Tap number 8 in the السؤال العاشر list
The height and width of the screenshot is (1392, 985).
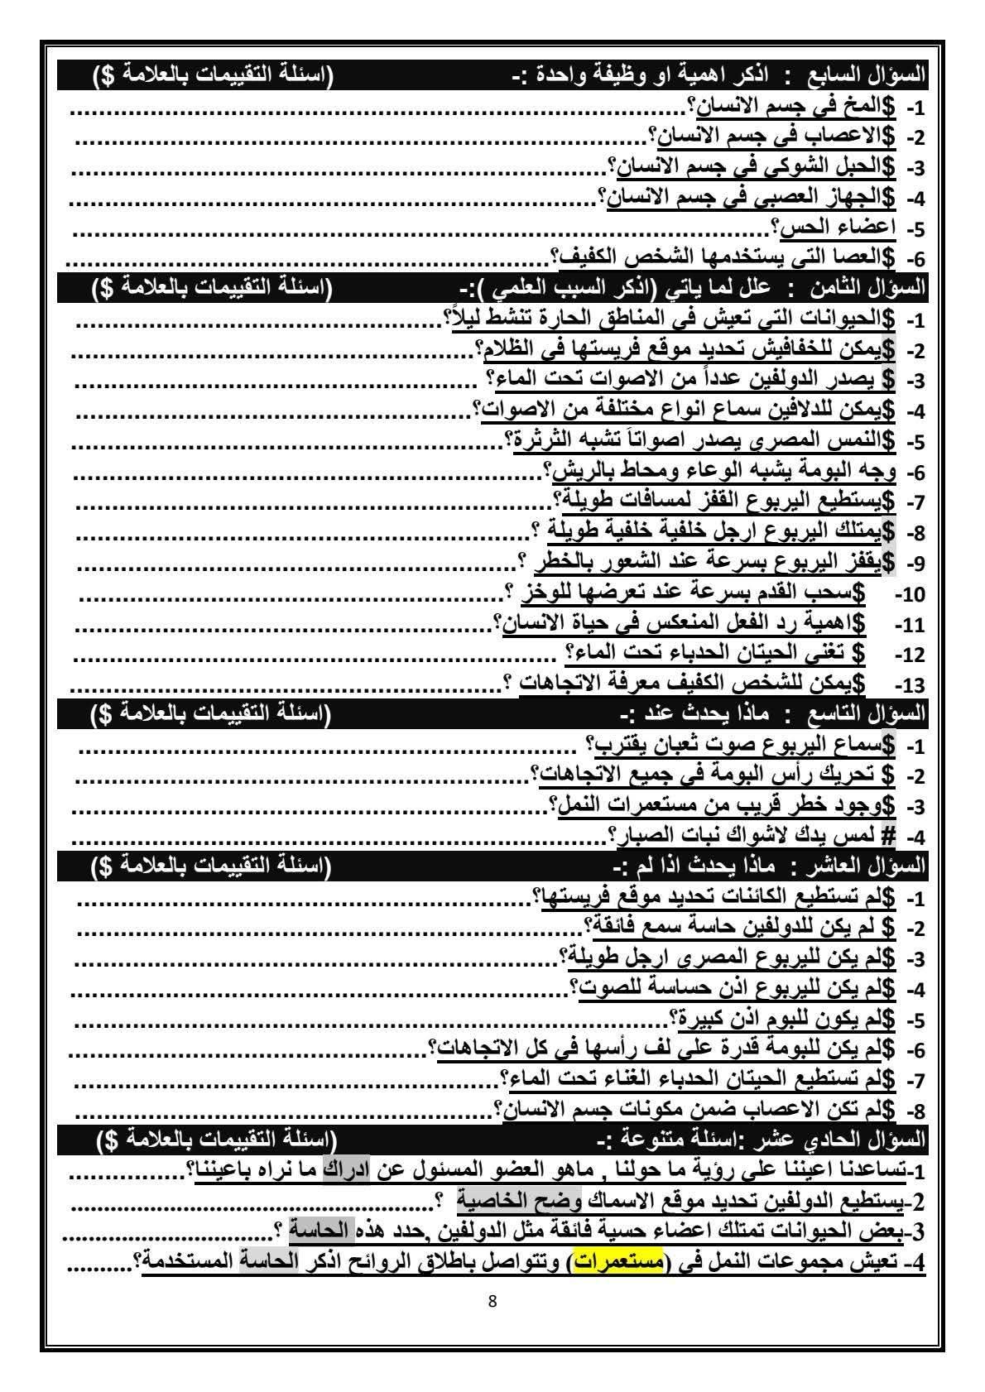914,1110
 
